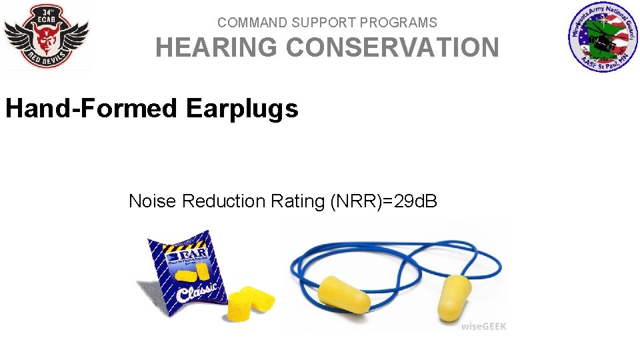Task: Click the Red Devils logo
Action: click(46, 36)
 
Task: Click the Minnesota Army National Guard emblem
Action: click(603, 37)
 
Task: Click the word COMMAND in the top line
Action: click(247, 23)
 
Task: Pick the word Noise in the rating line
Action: click(153, 201)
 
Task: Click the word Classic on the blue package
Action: click(197, 290)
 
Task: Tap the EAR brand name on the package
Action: click(176, 255)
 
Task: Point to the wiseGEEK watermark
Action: click(483, 326)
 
